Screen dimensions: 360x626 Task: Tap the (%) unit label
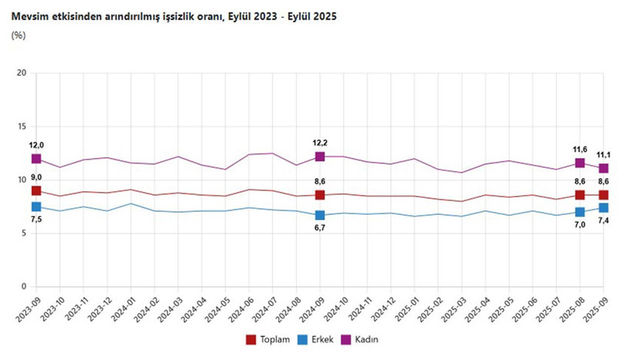tap(19, 35)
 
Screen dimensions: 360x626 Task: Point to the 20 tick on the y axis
tap(21, 73)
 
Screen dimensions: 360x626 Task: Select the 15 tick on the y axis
tap(21, 127)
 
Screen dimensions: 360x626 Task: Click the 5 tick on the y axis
tap(24, 233)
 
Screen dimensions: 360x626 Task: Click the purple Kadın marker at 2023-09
tap(36, 158)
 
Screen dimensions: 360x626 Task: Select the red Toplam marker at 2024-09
tap(320, 195)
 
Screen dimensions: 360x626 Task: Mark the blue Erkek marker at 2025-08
tap(580, 212)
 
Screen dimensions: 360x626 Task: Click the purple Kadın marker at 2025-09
tap(604, 169)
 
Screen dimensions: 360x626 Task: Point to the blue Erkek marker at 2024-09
tap(320, 215)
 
